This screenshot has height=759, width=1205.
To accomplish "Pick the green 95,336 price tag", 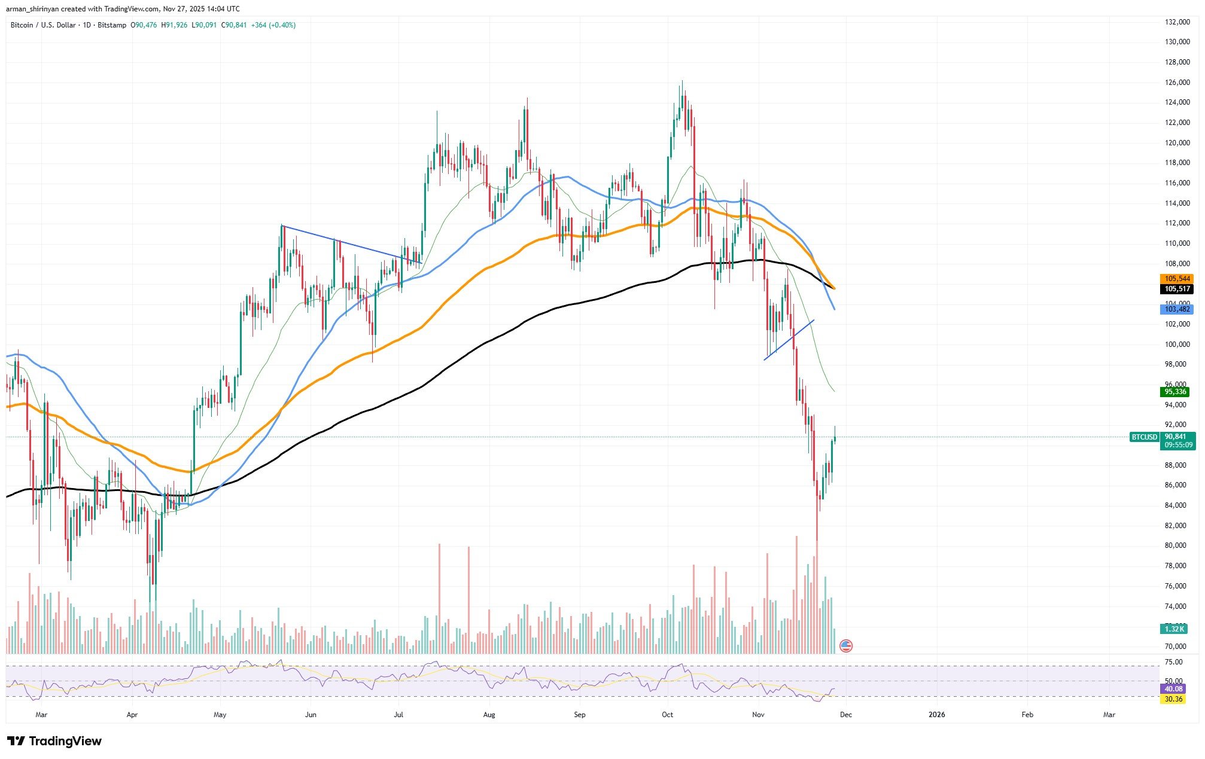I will tap(1174, 392).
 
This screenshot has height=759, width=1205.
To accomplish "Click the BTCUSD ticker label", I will tap(1144, 437).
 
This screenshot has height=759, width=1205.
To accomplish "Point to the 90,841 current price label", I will tap(1176, 437).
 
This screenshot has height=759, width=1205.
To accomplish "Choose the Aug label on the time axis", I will tap(489, 715).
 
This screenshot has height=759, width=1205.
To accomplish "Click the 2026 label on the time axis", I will tap(936, 715).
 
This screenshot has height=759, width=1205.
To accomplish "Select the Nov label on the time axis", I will tap(758, 715).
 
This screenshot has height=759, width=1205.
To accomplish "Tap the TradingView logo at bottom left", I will tap(54, 742).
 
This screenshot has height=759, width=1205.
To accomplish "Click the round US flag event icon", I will tap(845, 645).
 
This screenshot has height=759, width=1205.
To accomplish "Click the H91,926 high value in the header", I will tap(174, 25).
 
